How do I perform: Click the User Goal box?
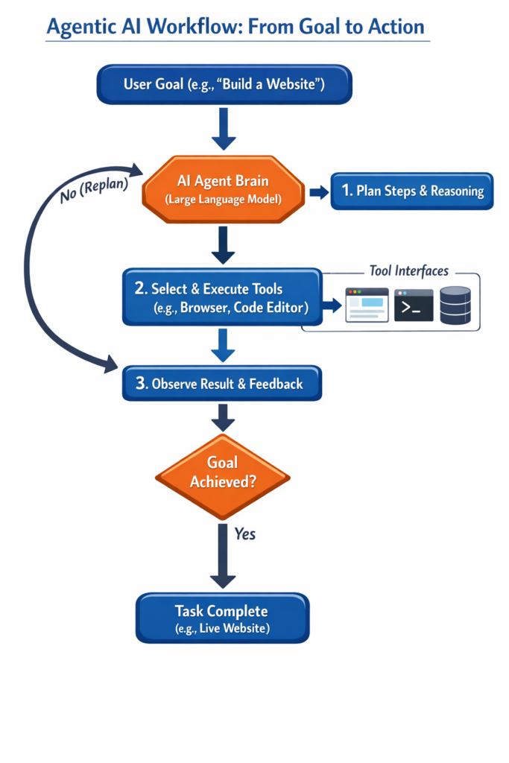point(224,83)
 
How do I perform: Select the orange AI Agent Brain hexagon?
point(224,190)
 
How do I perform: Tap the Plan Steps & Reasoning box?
point(412,191)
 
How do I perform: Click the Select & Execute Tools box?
point(223,297)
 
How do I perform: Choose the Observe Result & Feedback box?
point(223,384)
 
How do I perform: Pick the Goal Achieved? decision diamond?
point(223,472)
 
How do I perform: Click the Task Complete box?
point(221,618)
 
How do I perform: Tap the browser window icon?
point(367,304)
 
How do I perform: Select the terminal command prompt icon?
point(414,305)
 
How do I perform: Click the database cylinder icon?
point(455,305)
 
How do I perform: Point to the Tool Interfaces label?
point(409,270)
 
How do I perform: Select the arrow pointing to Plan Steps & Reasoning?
point(319,192)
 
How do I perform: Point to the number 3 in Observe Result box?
point(141,384)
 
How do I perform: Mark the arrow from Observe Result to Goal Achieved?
point(223,418)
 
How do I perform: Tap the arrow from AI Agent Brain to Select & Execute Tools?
point(223,244)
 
